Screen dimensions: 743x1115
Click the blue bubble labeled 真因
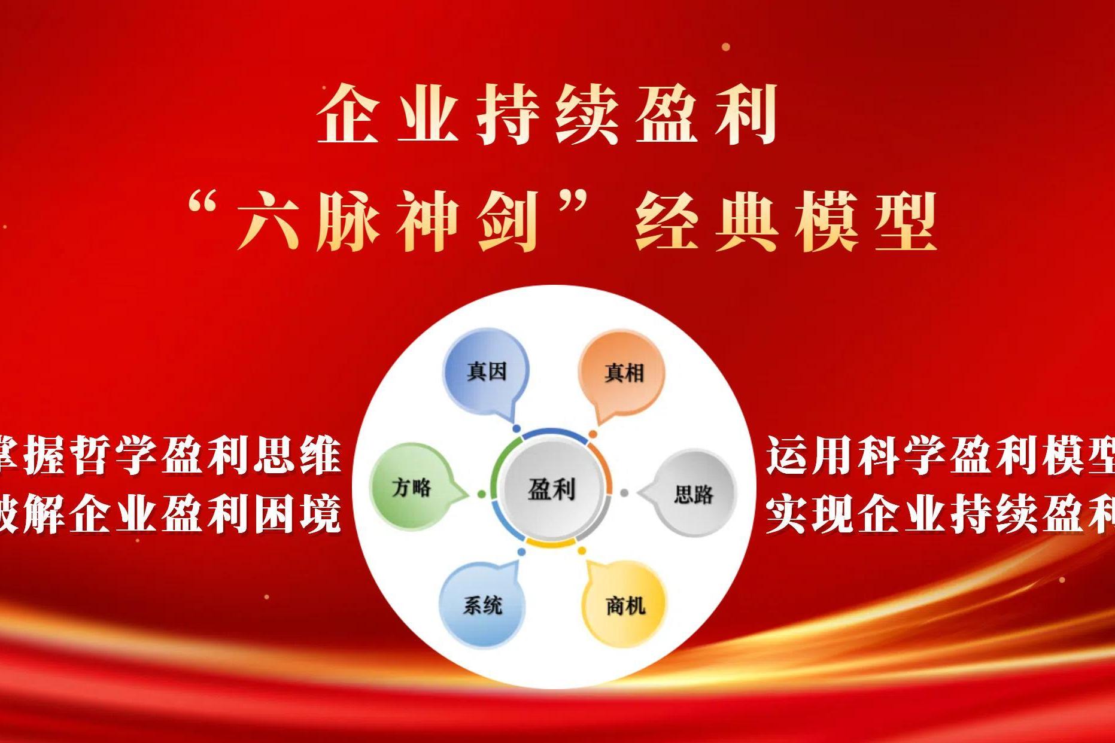click(x=486, y=371)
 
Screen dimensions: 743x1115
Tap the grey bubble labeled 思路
click(x=692, y=494)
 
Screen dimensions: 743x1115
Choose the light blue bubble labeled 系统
click(x=482, y=605)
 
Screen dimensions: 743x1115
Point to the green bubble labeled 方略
click(x=412, y=487)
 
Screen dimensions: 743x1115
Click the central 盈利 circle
click(x=551, y=489)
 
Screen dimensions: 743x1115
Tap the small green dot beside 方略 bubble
click(x=482, y=494)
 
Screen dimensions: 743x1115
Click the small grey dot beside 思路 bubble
click(x=624, y=493)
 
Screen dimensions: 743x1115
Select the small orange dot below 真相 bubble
click(x=593, y=434)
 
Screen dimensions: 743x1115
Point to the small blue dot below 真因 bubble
click(x=517, y=429)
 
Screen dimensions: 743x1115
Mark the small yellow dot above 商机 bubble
click(x=582, y=550)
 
